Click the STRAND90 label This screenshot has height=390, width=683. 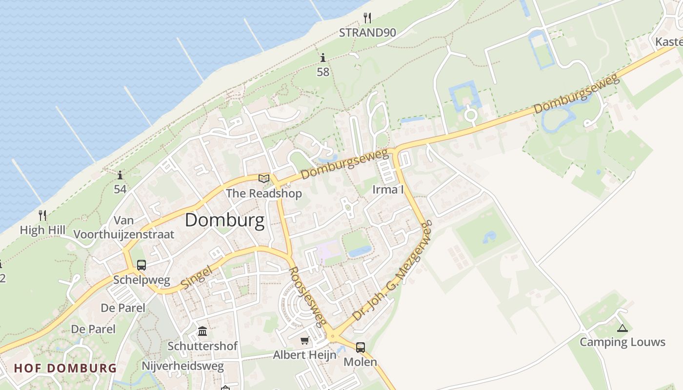coord(367,33)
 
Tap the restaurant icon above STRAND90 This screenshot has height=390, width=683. coord(367,19)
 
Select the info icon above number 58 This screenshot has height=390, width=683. coord(323,58)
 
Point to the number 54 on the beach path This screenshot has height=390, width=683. coord(120,189)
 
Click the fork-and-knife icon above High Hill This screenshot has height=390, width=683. coord(42,215)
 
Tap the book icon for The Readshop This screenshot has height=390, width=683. coord(264,178)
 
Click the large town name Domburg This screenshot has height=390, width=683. coord(225,220)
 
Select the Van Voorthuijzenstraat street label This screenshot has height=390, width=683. coord(124,227)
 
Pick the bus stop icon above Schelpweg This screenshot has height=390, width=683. coord(141,265)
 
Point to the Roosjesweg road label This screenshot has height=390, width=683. coord(307,296)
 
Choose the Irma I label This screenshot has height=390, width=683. coord(388,190)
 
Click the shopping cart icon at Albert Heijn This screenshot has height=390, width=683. coord(305,340)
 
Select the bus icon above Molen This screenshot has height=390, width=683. coord(361,347)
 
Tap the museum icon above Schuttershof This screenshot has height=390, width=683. coord(202,332)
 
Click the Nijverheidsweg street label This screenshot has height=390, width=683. coord(183,366)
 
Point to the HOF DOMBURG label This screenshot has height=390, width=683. coord(65,368)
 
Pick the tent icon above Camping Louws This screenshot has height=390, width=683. coord(622,328)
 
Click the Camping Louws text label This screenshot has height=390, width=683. coord(622,342)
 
